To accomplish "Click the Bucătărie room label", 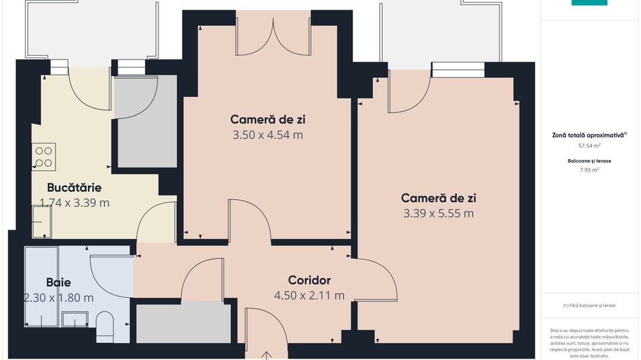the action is [74, 188].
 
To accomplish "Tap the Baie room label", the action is [59, 282].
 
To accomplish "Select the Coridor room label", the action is [309, 280].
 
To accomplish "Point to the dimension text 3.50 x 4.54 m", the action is [268, 135].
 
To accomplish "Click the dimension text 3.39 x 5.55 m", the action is [439, 213].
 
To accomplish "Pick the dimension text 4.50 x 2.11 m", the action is [309, 295].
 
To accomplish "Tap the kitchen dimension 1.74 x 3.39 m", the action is [74, 203].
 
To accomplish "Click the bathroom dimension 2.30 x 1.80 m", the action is [59, 298].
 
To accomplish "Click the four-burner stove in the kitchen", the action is [44, 157].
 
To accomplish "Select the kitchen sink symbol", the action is [42, 222].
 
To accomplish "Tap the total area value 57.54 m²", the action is [589, 146].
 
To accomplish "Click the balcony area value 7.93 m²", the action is [589, 170].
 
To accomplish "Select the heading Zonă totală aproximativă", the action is [589, 135].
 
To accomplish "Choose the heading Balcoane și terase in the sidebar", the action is [589, 161].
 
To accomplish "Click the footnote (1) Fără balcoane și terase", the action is [589, 305].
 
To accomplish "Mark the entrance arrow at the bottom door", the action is [266, 355].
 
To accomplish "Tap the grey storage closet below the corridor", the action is [184, 323].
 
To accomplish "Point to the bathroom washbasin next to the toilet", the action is [74, 319].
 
